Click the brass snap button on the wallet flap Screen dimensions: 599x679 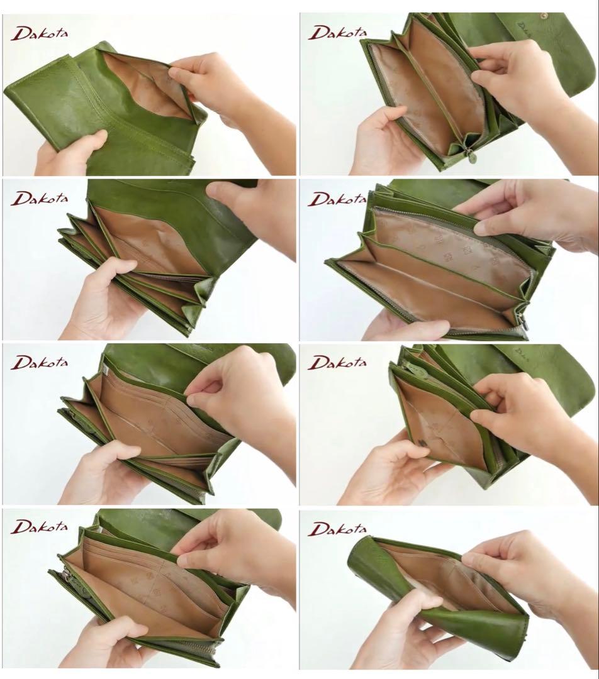542,18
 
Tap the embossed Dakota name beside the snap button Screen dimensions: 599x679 523,28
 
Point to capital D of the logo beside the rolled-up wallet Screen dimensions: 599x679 318,529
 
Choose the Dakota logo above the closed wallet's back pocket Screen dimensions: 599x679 40,33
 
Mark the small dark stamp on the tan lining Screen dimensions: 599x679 423,443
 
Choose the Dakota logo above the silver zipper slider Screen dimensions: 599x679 40,527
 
